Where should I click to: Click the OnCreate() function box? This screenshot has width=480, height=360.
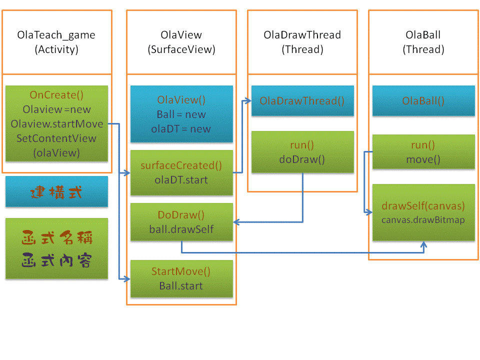coord(56,123)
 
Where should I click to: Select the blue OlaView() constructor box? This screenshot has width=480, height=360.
coord(181,114)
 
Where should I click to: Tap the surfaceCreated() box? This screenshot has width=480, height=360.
coord(181,172)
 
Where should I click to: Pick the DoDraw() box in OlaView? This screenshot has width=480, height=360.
coord(181,222)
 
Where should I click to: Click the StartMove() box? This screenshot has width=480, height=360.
coord(181,279)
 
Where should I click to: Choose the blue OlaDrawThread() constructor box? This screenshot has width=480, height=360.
coord(302,101)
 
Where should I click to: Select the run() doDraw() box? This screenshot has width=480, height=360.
coord(302,152)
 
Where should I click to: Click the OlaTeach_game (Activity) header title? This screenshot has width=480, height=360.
coord(56,42)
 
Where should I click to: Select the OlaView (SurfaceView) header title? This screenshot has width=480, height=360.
coord(181,42)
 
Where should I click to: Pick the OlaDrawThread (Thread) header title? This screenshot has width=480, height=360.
coord(302,42)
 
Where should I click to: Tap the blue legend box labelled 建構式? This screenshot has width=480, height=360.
coord(56,191)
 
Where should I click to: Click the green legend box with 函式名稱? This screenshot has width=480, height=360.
coord(56,248)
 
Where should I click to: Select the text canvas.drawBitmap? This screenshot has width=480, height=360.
coord(423,220)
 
